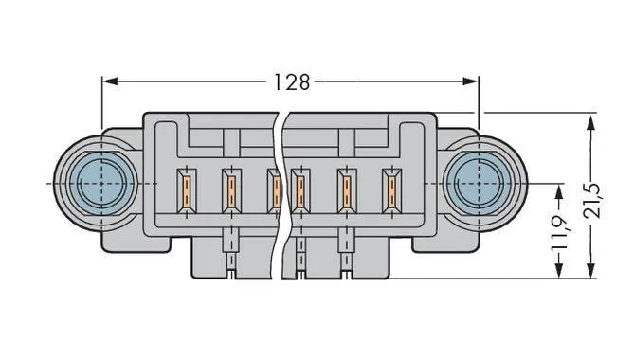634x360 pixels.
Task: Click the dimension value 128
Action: tap(291, 82)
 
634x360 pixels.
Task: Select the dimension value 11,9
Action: tap(558, 232)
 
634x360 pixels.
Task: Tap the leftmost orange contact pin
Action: tap(187, 189)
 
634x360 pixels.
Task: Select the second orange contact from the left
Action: tap(229, 190)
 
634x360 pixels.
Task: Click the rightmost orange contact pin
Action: tap(388, 190)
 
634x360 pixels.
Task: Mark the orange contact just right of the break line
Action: tap(299, 190)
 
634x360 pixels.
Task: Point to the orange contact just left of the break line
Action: tap(273, 189)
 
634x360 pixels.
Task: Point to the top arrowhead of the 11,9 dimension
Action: tap(558, 189)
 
